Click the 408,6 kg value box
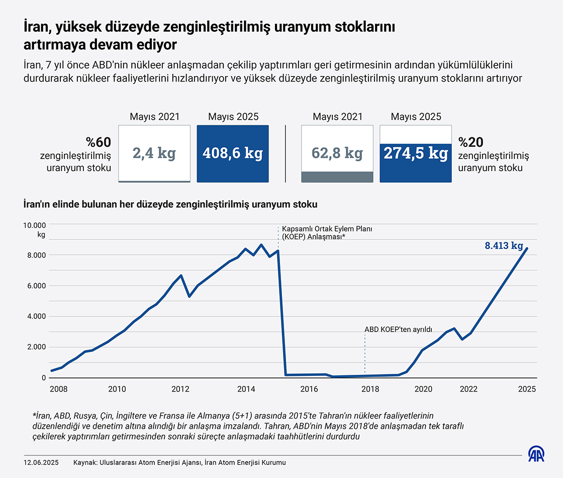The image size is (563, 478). pos(233,153)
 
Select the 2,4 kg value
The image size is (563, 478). pos(154,153)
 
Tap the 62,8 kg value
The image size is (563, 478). pos(337,153)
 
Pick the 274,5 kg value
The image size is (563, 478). pos(416,153)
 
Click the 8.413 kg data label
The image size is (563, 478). pos(504,246)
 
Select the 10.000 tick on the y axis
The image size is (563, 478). pos(35,224)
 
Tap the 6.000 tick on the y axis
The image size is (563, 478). pos(37,286)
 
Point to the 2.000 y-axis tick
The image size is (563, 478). pos(37,347)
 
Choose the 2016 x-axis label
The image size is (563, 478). pos(309,389)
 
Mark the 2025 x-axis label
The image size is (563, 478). pos(527,389)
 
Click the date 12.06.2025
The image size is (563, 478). pos(41,462)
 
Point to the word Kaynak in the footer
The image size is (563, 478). pos(85,462)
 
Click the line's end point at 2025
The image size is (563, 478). pos(527,248)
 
